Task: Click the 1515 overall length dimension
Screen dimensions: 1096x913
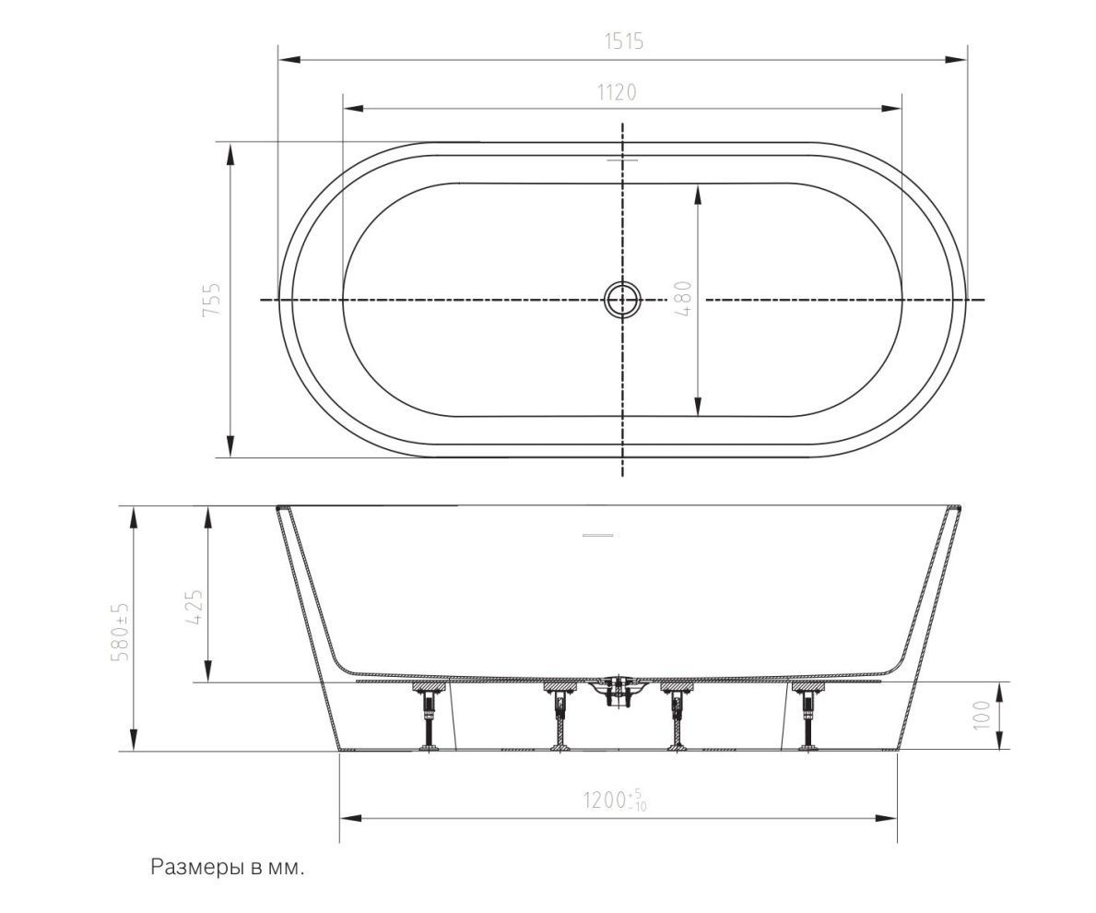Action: pyautogui.click(x=623, y=41)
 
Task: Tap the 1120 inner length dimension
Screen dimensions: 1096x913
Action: pyautogui.click(x=617, y=92)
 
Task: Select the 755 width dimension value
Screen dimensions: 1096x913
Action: pyautogui.click(x=211, y=299)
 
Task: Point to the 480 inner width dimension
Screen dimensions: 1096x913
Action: pyautogui.click(x=684, y=299)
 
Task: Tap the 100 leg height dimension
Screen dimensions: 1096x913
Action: pyautogui.click(x=982, y=715)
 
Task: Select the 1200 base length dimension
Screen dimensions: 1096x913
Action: pyautogui.click(x=615, y=800)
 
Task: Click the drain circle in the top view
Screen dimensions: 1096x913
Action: pyautogui.click(x=621, y=300)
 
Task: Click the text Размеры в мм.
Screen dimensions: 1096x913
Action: pyautogui.click(x=228, y=868)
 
